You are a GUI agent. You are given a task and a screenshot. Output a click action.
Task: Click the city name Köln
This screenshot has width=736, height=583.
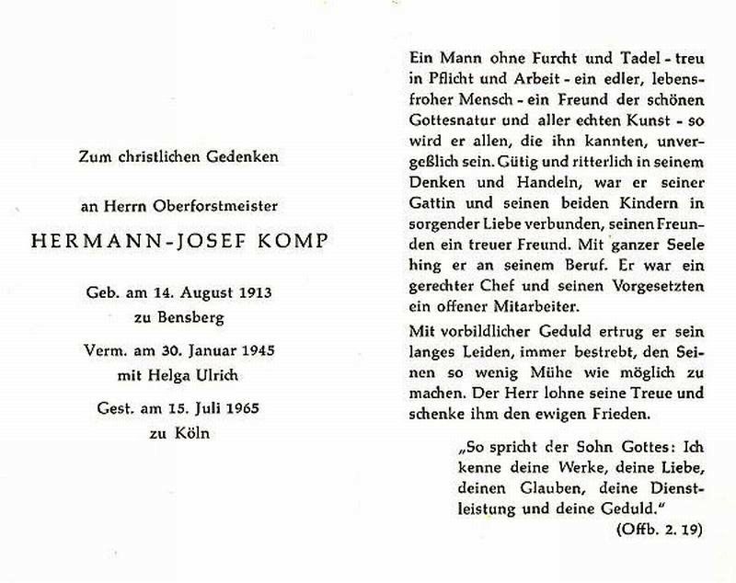190,432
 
